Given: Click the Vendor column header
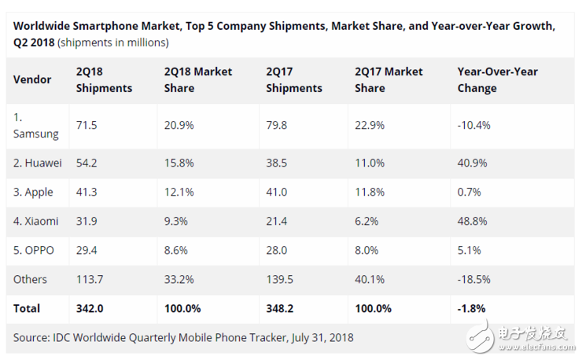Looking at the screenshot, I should [x=32, y=79].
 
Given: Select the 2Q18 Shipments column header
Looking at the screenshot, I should [x=104, y=79].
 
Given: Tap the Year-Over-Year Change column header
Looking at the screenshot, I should [x=497, y=79].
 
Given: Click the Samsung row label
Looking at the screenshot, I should [x=35, y=126].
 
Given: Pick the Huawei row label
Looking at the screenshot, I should [x=39, y=163].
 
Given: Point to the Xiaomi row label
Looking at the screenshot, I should [x=36, y=221].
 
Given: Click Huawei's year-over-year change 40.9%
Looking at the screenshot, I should [x=472, y=163].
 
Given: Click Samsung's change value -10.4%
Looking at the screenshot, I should [x=474, y=126].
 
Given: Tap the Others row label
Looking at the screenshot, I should [x=30, y=279].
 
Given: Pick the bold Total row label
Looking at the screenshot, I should [x=27, y=308].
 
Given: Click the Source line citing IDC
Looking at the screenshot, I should [x=183, y=337].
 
